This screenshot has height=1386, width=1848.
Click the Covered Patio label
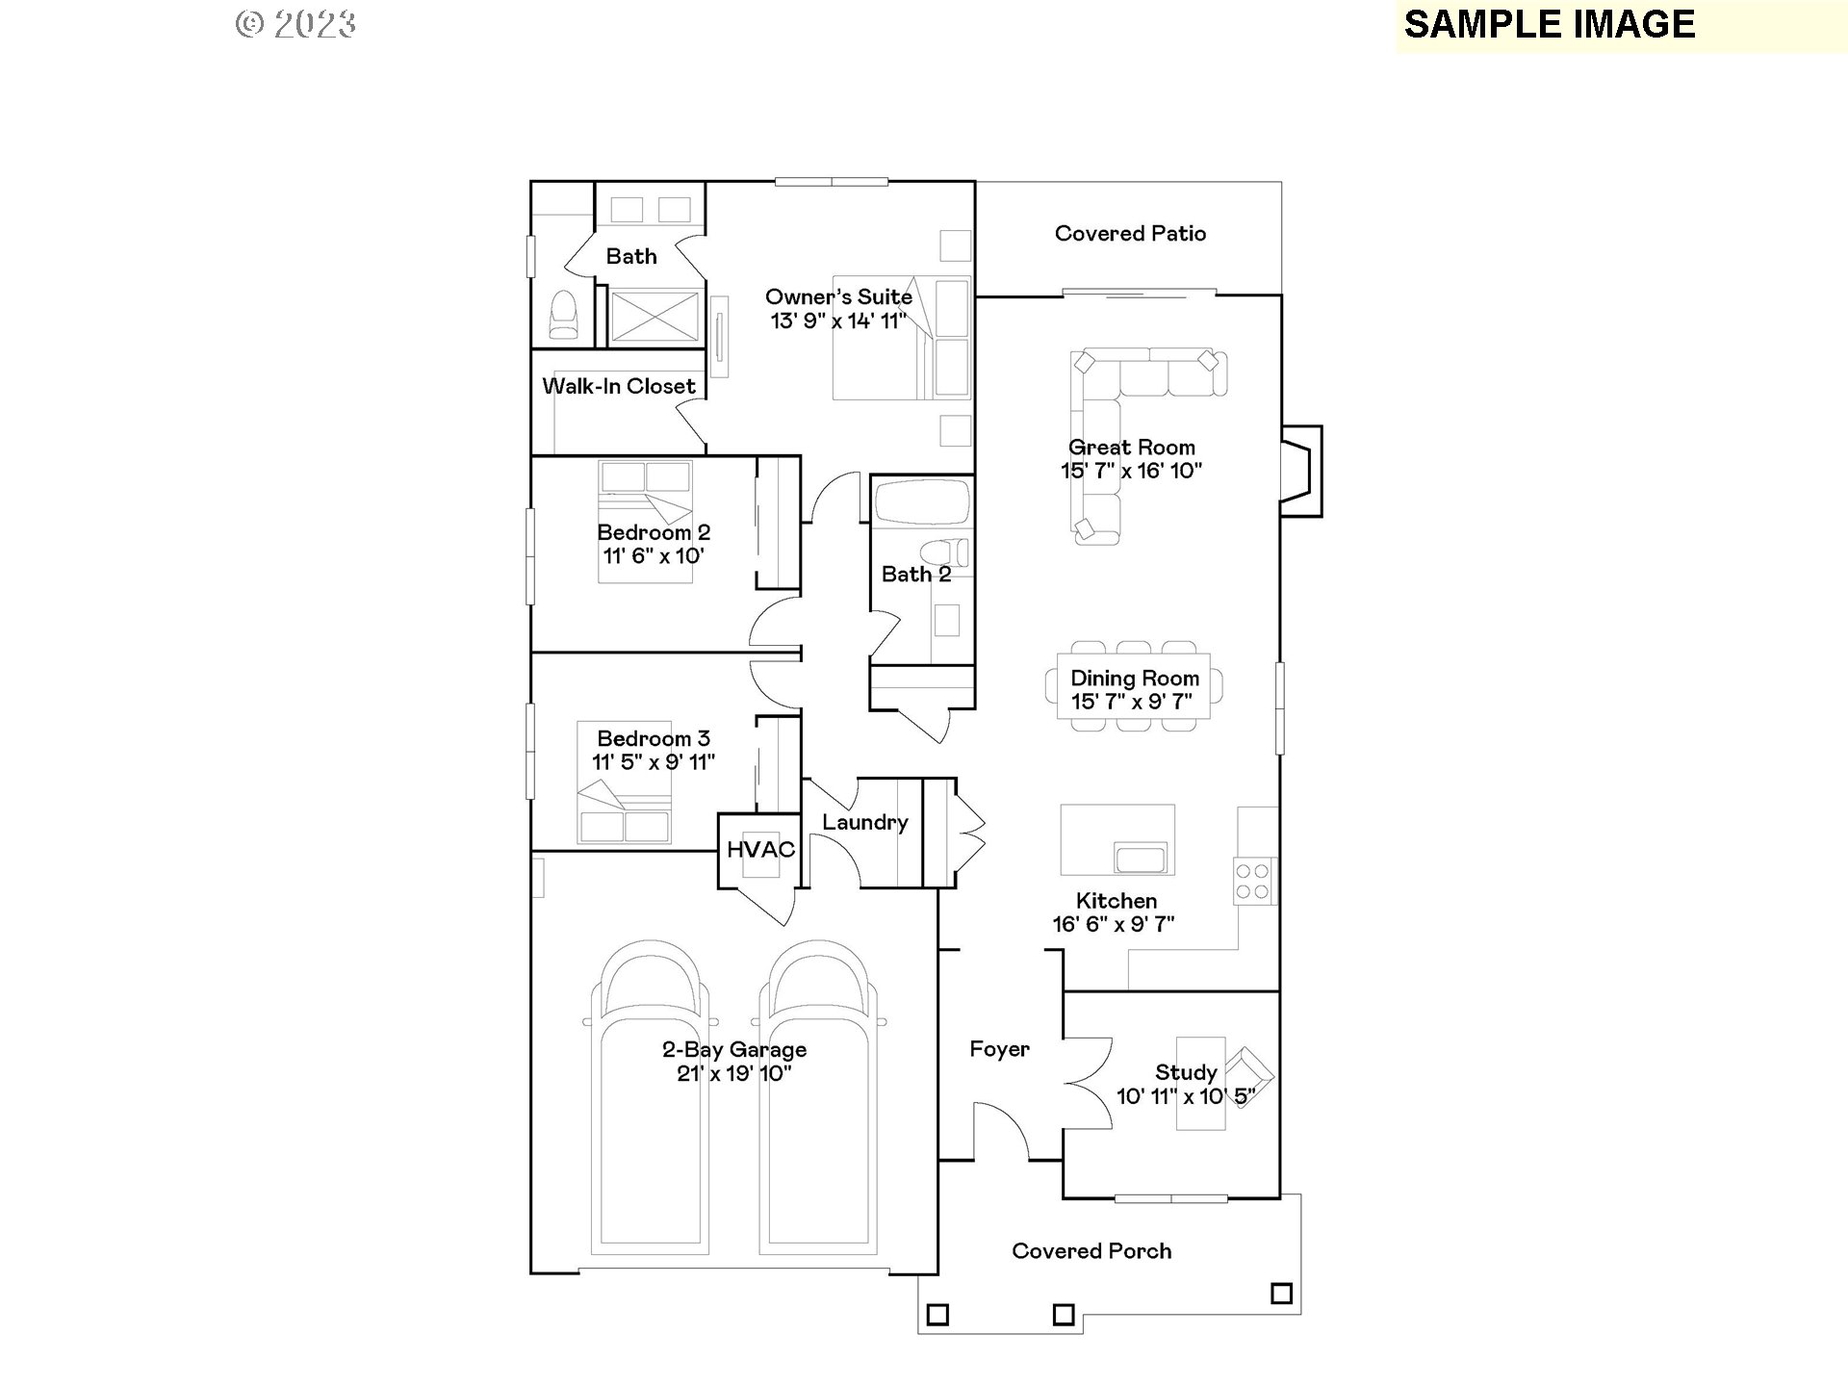1130,234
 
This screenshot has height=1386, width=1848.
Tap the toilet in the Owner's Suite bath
563,316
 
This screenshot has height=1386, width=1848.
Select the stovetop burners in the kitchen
1253,881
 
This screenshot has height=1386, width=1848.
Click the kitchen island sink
1140,857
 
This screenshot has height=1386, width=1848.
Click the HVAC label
760,850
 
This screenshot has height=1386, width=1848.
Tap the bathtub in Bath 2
921,501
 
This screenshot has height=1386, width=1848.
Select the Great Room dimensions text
1132,471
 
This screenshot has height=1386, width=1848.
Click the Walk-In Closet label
619,387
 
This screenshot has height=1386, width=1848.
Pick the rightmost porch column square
1281,1294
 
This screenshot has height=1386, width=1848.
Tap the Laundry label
864,823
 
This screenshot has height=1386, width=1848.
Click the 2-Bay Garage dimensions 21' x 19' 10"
734,1074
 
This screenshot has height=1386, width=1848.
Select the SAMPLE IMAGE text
1550,25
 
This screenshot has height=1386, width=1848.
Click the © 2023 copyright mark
296,24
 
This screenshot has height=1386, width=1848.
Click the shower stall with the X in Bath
655,316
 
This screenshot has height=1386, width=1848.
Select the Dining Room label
1135,679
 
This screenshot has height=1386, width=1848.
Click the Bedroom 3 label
654,739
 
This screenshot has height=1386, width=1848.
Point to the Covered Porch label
1091,1251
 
